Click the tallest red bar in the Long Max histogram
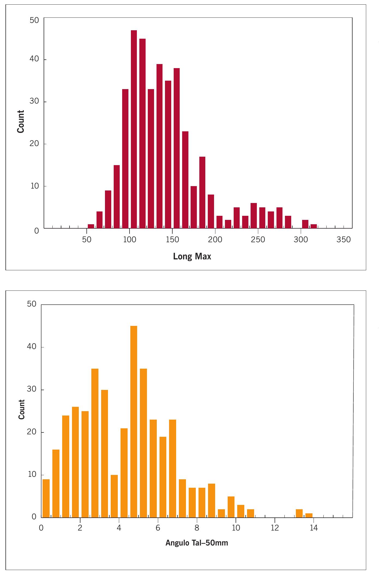pyautogui.click(x=134, y=129)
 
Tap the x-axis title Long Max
pyautogui.click(x=192, y=256)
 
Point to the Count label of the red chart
pyautogui.click(x=21, y=122)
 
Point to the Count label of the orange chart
pyautogui.click(x=22, y=410)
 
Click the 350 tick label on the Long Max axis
pyautogui.click(x=344, y=240)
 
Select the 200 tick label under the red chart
pyautogui.click(x=215, y=240)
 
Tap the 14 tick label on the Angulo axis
pyautogui.click(x=314, y=528)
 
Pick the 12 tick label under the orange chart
pyautogui.click(x=275, y=528)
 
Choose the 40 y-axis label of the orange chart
pyautogui.click(x=32, y=347)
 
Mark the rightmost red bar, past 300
pyautogui.click(x=314, y=226)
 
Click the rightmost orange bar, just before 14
pyautogui.click(x=309, y=515)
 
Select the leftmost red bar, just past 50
pyautogui.click(x=91, y=226)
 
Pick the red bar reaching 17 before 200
pyautogui.click(x=202, y=192)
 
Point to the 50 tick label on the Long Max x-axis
pyautogui.click(x=86, y=240)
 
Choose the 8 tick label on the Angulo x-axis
pyautogui.click(x=197, y=528)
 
